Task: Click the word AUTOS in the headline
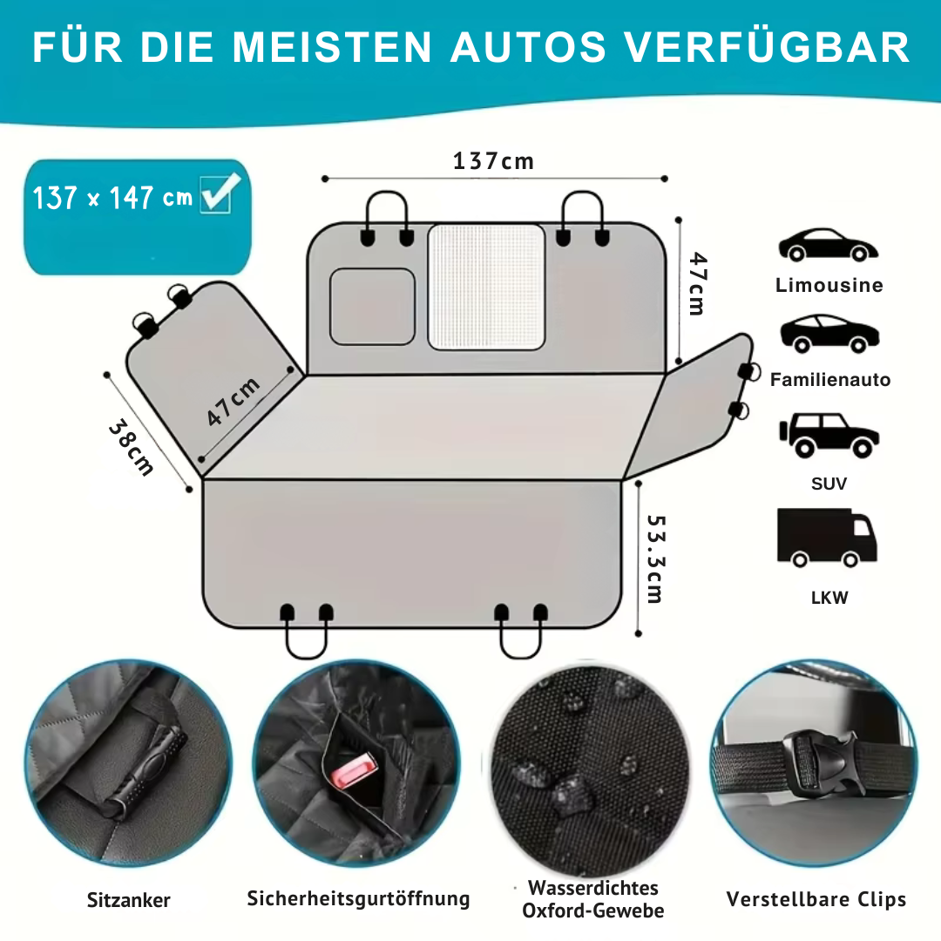528,48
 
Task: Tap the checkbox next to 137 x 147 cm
215,193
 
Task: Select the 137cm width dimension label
493,161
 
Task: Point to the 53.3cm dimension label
653,558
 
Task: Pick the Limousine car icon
828,246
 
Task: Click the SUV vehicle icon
828,436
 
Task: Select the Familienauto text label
830,380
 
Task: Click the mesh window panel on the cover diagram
486,287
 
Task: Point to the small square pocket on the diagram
372,306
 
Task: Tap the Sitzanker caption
129,900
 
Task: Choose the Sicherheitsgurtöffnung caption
358,898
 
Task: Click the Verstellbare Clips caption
816,899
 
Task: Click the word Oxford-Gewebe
592,911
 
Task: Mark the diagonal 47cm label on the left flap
234,402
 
